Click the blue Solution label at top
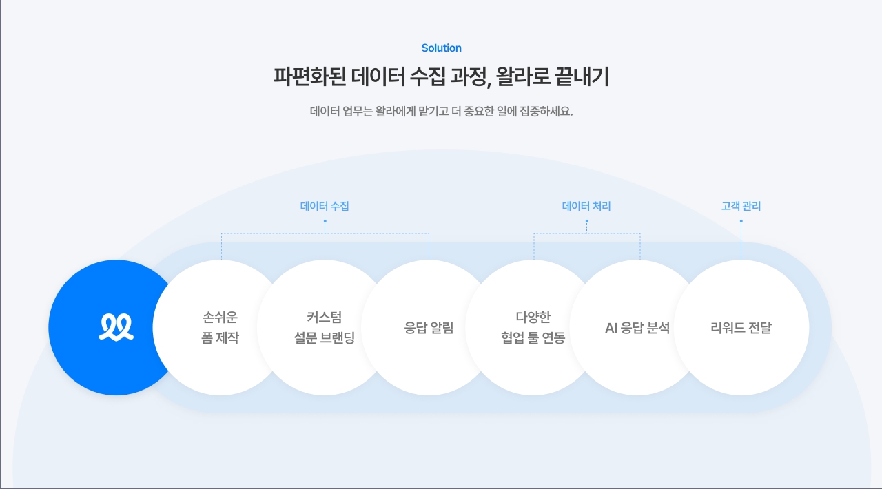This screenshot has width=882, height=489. [x=441, y=48]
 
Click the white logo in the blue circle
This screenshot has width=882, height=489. [x=116, y=328]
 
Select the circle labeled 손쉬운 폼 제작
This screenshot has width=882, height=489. [x=220, y=328]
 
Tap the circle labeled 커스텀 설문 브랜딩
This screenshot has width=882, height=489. [x=324, y=328]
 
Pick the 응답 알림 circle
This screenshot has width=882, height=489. [x=429, y=328]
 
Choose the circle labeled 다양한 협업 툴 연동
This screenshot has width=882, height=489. [x=533, y=328]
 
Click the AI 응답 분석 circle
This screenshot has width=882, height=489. [x=637, y=328]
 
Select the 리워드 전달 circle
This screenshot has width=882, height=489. [x=741, y=328]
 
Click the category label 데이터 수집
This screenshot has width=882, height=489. [x=325, y=206]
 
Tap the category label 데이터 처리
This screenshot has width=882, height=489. [x=586, y=206]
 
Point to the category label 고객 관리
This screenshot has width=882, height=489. [x=741, y=206]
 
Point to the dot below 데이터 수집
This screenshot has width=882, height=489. [x=325, y=222]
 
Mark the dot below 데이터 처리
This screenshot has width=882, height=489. [x=586, y=222]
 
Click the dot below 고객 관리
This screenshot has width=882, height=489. [x=741, y=222]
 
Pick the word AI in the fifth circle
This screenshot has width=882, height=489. [x=611, y=328]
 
